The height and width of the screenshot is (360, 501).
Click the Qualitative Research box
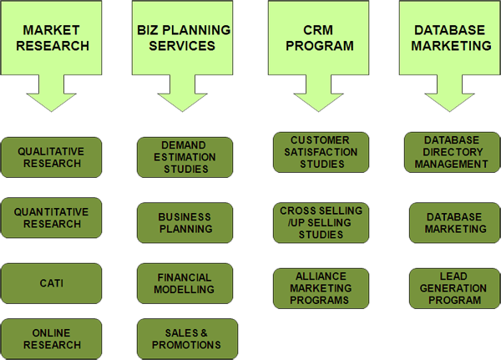pos(53,157)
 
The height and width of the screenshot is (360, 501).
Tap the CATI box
pos(53,282)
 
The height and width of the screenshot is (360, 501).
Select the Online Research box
pos(53,338)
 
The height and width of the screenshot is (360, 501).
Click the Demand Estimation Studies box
pos(185,156)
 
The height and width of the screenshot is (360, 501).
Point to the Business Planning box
pos(185,222)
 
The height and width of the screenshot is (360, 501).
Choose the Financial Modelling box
pos(185,283)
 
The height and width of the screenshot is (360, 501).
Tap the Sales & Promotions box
pos(185,338)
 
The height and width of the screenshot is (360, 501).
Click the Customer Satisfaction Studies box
pos(321,151)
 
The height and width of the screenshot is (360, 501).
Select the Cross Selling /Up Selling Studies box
pos(321,222)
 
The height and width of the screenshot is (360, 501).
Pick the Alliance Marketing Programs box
pos(321,288)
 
